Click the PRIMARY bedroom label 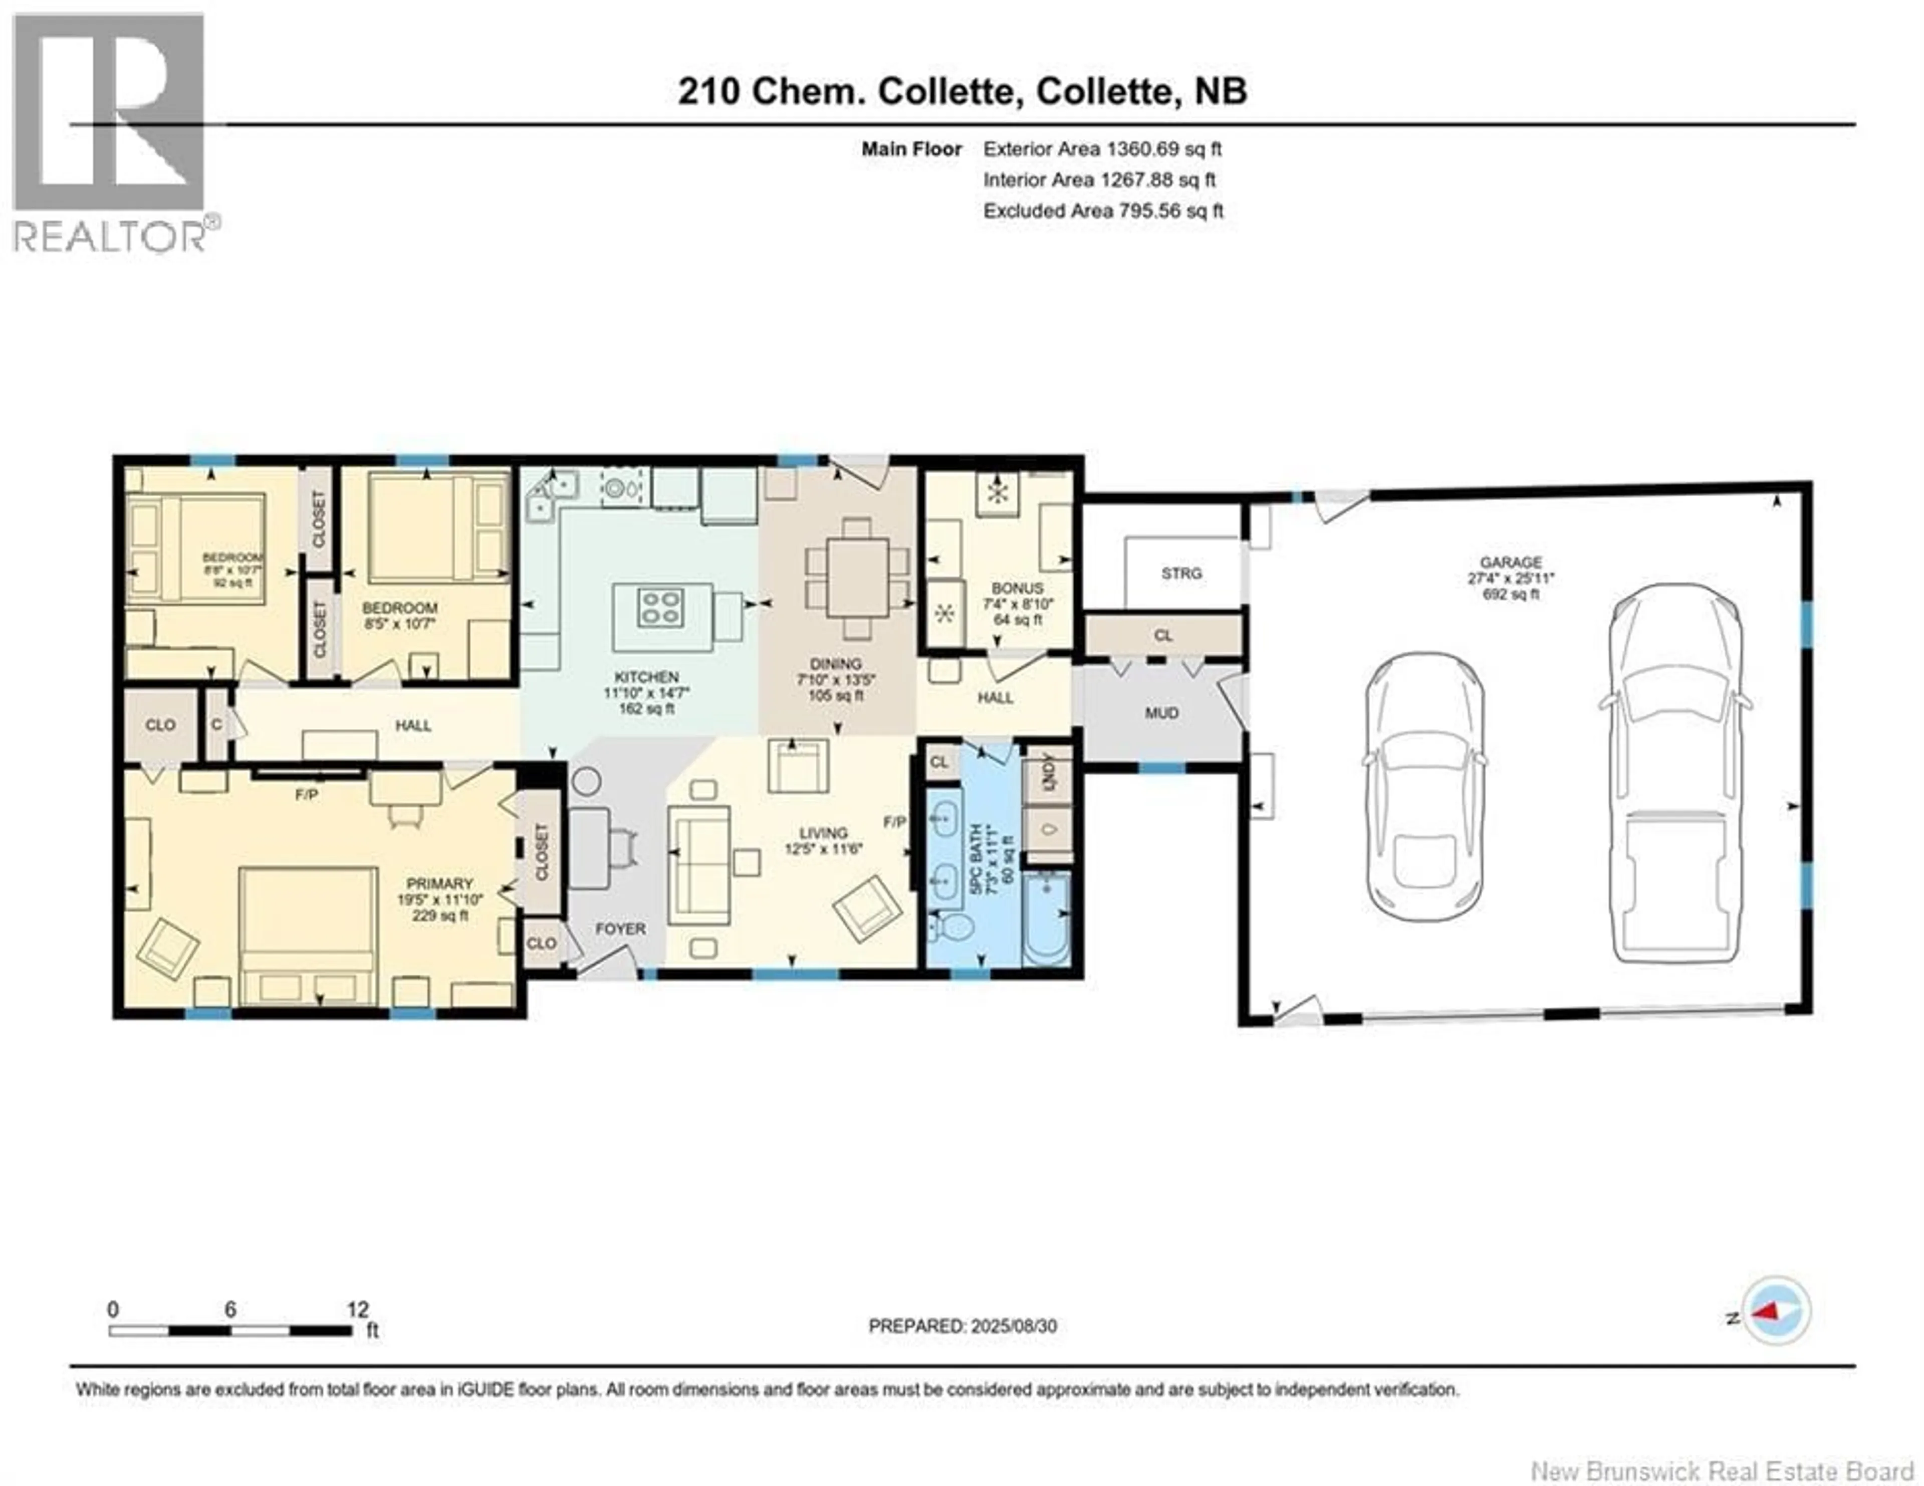439,883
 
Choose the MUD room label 1161,713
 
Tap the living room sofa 698,865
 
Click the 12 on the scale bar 358,1310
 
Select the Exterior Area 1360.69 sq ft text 1102,149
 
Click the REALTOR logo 110,132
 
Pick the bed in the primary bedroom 308,934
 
